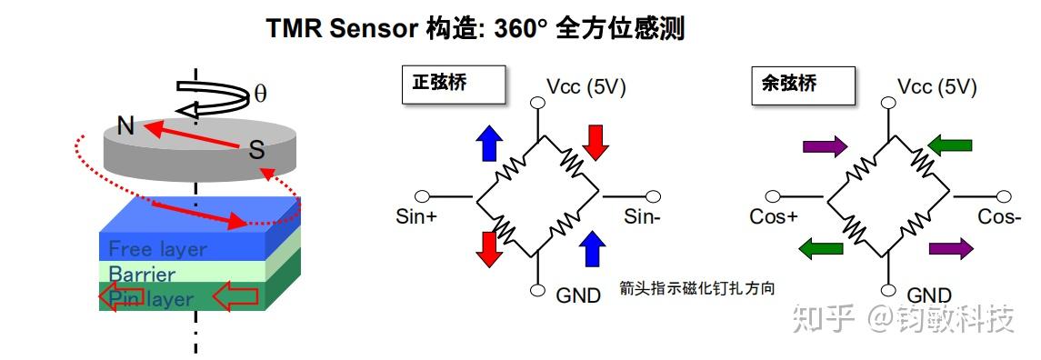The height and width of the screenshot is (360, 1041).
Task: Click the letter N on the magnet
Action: coord(126,126)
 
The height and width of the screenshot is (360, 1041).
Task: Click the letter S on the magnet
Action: coord(256,150)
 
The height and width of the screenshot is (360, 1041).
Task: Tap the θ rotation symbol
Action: coord(260,93)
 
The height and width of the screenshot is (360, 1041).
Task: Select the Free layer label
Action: coord(157,248)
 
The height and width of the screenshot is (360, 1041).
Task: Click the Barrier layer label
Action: coord(142,274)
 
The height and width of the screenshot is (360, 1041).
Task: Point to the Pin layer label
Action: coord(152,297)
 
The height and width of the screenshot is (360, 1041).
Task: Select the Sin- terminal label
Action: coord(641,216)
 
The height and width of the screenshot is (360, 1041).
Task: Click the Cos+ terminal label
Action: coord(774,216)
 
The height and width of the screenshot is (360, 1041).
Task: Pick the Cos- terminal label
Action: coord(1000,216)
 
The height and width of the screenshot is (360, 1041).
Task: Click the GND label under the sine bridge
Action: coord(578,295)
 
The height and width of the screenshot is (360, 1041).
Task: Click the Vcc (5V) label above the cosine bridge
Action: coord(936,87)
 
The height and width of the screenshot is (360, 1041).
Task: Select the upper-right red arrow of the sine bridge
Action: coord(596,141)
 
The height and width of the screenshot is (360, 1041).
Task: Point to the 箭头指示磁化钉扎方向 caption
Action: coord(696,289)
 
